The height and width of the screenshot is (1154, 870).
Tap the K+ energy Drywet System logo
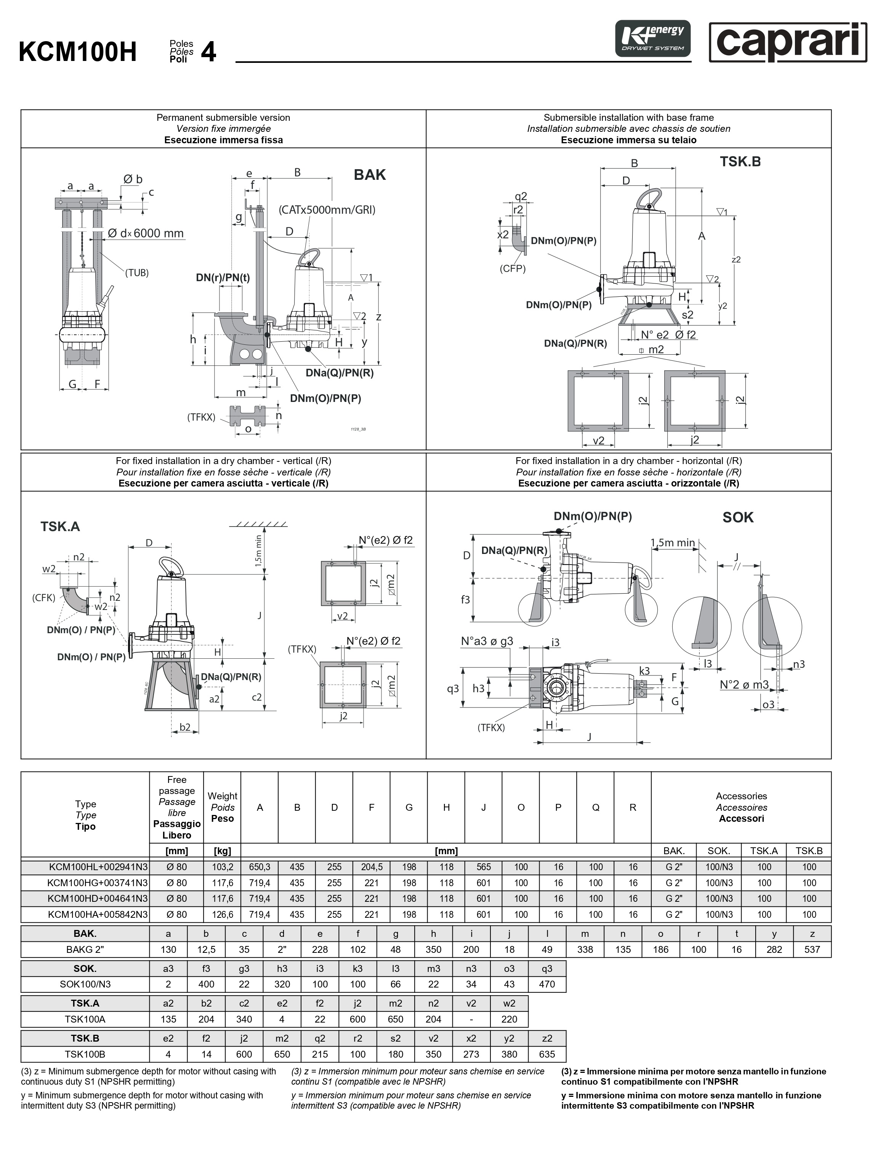pos(652,38)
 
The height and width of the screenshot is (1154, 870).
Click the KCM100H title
pos(77,52)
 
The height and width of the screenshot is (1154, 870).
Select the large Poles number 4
pos(208,52)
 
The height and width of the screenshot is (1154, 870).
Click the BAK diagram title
pos(370,175)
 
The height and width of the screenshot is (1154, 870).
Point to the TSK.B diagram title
pos(740,162)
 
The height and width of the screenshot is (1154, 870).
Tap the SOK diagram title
pos(737,517)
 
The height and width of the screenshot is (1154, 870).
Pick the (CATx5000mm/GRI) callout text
pos(327,210)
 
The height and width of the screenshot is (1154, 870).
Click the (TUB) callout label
pos(137,272)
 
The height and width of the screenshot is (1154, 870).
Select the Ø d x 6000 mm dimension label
pos(146,233)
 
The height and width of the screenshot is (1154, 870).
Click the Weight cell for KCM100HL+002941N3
pos(222,867)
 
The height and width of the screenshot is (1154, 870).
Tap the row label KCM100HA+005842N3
pos(98,914)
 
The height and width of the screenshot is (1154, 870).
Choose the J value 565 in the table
pos(483,867)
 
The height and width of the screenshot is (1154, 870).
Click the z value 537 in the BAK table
pos(812,949)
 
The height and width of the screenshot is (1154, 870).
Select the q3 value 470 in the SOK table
pos(547,984)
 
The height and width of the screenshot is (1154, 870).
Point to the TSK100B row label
pos(85,1054)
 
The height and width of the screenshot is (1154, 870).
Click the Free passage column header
pos(176,807)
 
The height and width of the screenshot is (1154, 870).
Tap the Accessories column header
pos(741,807)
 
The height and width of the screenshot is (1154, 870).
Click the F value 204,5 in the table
pos(372,867)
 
